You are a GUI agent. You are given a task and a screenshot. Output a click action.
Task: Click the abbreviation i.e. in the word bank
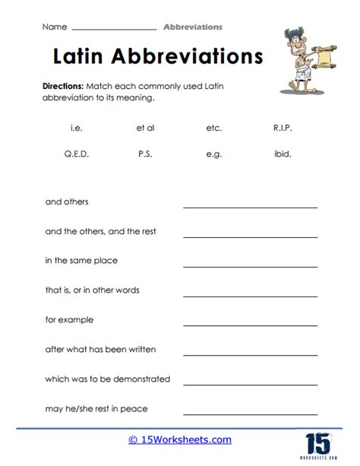[75, 128]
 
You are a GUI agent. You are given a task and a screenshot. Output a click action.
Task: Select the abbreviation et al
[145, 128]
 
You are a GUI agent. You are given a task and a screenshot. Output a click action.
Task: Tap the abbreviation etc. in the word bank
[213, 128]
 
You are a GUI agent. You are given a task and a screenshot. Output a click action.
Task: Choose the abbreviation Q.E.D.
[76, 153]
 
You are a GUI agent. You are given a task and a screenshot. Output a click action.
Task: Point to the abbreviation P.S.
[145, 153]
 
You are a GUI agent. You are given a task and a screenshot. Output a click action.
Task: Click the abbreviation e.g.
[213, 153]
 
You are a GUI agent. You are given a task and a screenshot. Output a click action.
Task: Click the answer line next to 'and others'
[250, 206]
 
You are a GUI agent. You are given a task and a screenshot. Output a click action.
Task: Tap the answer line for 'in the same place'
[250, 265]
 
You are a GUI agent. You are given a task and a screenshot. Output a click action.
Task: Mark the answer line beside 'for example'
[250, 324]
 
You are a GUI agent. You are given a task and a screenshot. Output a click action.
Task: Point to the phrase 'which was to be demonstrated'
[107, 379]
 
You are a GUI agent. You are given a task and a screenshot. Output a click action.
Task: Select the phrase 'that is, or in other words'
[92, 290]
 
